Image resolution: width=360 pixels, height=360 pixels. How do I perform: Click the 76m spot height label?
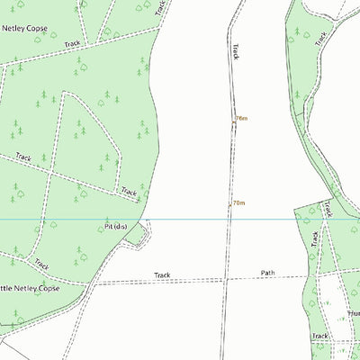[241, 118]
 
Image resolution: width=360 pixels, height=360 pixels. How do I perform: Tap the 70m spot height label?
[239, 203]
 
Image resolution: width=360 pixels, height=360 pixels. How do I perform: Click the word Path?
[267, 272]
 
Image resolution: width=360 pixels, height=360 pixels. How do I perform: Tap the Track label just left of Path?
[162, 275]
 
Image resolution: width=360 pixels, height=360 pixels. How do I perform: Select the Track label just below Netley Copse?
[72, 43]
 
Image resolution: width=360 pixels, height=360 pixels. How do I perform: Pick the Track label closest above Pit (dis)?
[129, 192]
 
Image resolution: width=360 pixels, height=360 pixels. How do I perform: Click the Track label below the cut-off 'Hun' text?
[319, 336]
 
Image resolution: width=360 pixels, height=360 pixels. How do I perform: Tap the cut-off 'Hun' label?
[352, 315]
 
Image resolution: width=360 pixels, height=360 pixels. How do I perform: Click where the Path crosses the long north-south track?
[227, 278]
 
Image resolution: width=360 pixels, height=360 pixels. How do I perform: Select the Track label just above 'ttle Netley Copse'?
[41, 265]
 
